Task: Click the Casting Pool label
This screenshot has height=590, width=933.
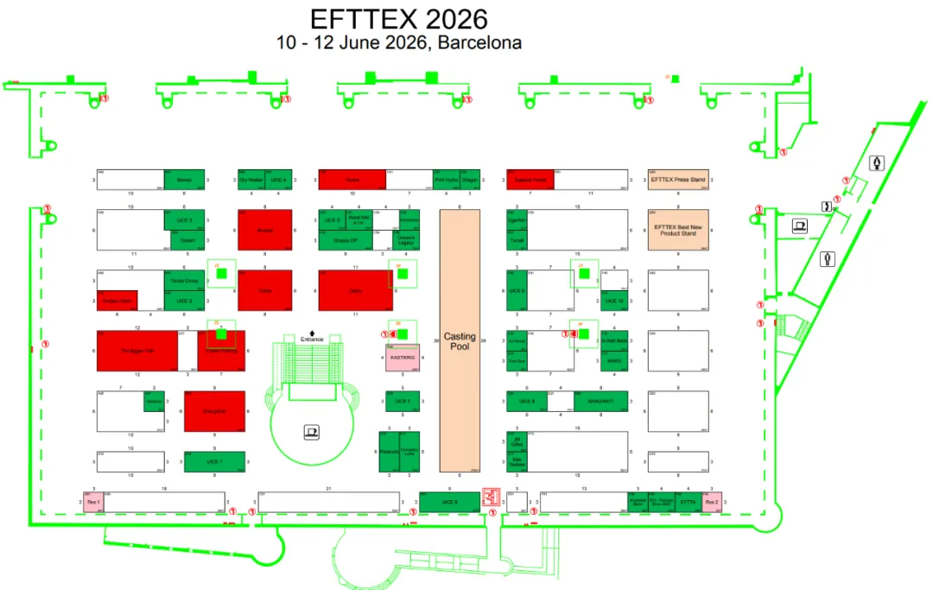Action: coord(460,341)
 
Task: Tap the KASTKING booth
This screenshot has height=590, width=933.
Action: coord(402,358)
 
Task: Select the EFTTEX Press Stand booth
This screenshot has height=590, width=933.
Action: coord(678,180)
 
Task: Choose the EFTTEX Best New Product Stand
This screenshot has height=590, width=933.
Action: coord(678,230)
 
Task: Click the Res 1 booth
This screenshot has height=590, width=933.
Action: coord(93,502)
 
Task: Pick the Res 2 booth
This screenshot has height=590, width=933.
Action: coord(711,502)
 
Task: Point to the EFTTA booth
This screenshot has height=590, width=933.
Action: coord(688,502)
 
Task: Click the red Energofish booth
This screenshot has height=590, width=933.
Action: coord(214,412)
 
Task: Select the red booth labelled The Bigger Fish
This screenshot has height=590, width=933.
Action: coord(136,351)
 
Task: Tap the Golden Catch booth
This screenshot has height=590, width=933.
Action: coord(117,301)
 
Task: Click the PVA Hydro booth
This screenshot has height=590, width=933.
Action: coord(446,180)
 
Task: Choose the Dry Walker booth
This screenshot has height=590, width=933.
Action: coord(251,180)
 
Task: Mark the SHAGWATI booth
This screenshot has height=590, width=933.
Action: coord(600,402)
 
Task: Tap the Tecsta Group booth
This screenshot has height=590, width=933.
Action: coord(184,281)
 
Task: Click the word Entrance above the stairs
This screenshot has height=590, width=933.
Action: coord(312,339)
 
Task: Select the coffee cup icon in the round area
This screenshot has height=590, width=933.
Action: coord(311,430)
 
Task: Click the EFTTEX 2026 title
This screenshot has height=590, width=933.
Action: coord(398,18)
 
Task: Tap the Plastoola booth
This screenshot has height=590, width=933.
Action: coord(387,451)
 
